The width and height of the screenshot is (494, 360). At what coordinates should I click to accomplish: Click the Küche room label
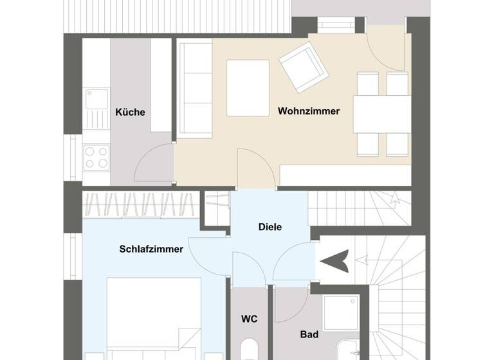click(130, 112)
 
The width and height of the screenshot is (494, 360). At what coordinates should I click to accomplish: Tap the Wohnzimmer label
click(309, 111)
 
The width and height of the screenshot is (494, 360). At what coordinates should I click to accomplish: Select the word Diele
click(270, 226)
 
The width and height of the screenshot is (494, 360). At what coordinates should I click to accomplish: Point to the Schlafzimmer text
click(151, 249)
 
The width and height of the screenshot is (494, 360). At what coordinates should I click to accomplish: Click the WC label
click(250, 318)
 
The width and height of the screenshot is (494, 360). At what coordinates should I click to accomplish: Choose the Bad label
click(309, 334)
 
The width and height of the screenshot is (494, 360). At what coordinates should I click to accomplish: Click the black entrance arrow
click(335, 261)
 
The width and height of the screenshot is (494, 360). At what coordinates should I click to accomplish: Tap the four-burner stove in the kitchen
click(96, 157)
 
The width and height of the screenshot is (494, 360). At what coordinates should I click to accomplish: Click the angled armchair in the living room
click(303, 65)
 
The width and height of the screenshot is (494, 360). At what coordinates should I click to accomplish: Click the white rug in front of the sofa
click(248, 88)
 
